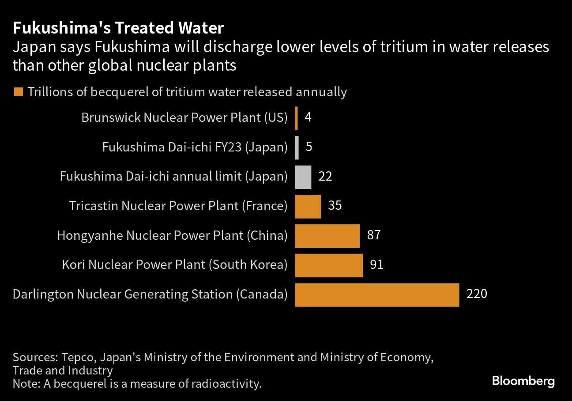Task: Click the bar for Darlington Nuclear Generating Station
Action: (377, 295)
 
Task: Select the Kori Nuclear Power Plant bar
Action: (328, 265)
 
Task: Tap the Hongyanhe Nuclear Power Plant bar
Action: (327, 236)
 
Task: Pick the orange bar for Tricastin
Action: (308, 206)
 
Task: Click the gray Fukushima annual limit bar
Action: (303, 177)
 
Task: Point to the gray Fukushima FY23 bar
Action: (297, 148)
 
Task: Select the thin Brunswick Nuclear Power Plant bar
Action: (296, 118)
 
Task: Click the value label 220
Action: (477, 294)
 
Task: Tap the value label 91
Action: (376, 265)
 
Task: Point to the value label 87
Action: (373, 235)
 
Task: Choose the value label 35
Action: (335, 205)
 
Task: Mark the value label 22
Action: (325, 176)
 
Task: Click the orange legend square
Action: (19, 92)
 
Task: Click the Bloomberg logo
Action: (523, 381)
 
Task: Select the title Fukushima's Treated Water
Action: (118, 28)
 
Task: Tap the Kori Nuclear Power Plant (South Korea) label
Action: (175, 265)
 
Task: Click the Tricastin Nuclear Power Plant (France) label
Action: (178, 205)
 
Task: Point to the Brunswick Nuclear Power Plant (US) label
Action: (184, 117)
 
